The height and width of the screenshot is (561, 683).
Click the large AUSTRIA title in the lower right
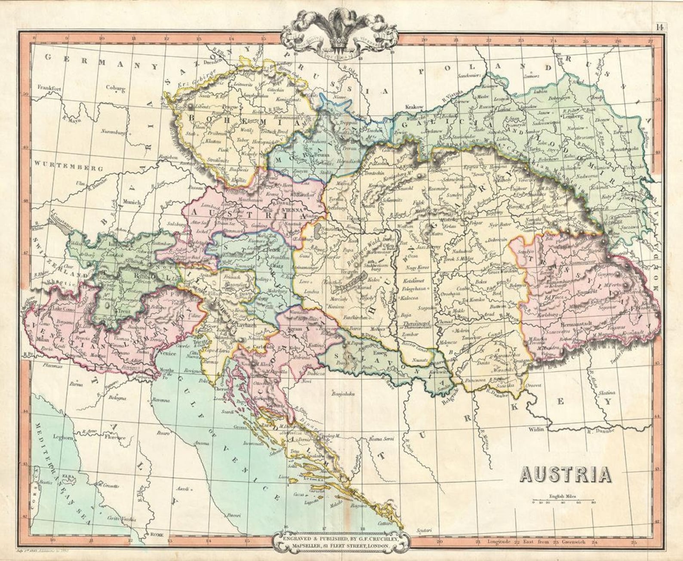pos(566,474)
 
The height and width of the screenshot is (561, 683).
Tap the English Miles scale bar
pos(563,501)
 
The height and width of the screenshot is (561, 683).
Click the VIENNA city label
pos(293,211)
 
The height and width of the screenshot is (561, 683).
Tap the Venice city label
pos(168,354)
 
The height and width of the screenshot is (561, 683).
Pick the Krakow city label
pos(415,106)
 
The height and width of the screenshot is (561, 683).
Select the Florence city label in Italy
pos(115,437)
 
